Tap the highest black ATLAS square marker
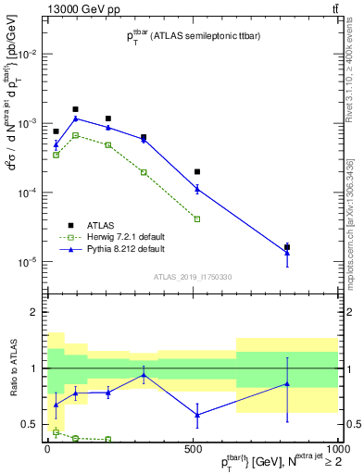pyautogui.click(x=76, y=109)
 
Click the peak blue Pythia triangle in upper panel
pyautogui.click(x=76, y=118)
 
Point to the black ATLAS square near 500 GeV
pyautogui.click(x=197, y=171)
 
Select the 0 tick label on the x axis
pyautogui.click(x=47, y=448)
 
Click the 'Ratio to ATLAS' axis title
pyautogui.click(x=12, y=368)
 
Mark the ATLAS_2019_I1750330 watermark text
pyautogui.click(x=192, y=277)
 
